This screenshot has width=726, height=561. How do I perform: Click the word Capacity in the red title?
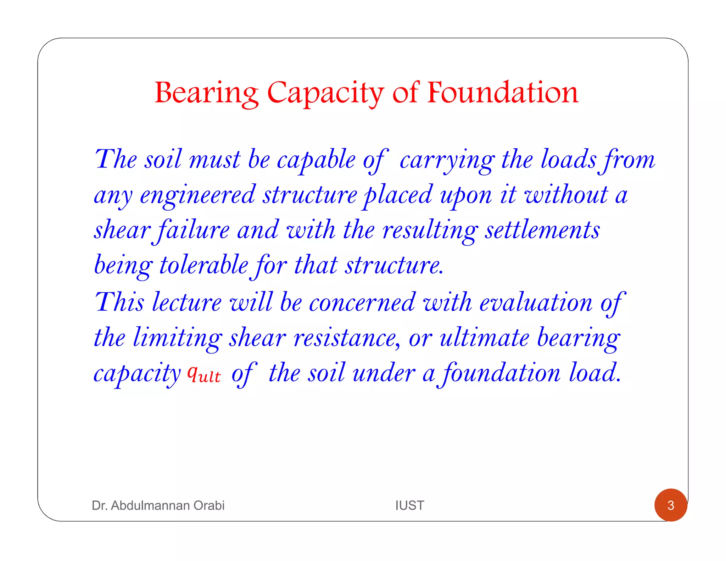(x=325, y=93)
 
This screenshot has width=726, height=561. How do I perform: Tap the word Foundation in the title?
(x=502, y=93)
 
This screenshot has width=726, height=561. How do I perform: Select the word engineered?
(x=197, y=195)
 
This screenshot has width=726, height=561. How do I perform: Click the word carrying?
(x=447, y=160)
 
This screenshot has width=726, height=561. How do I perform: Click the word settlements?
(x=542, y=230)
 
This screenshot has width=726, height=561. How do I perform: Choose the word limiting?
(x=178, y=338)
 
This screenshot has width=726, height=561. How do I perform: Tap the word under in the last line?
(x=384, y=373)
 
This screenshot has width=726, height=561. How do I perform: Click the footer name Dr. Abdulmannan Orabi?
(x=158, y=505)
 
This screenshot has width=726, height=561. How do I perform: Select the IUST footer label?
(x=409, y=505)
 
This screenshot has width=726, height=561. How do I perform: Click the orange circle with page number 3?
(x=670, y=505)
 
